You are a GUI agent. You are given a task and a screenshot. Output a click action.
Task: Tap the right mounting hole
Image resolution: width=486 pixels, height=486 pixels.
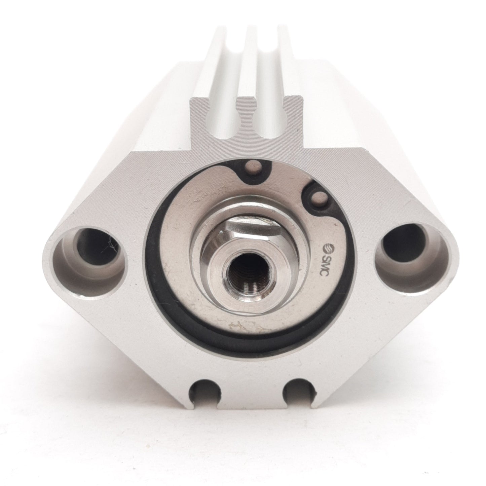coord(402,246)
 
